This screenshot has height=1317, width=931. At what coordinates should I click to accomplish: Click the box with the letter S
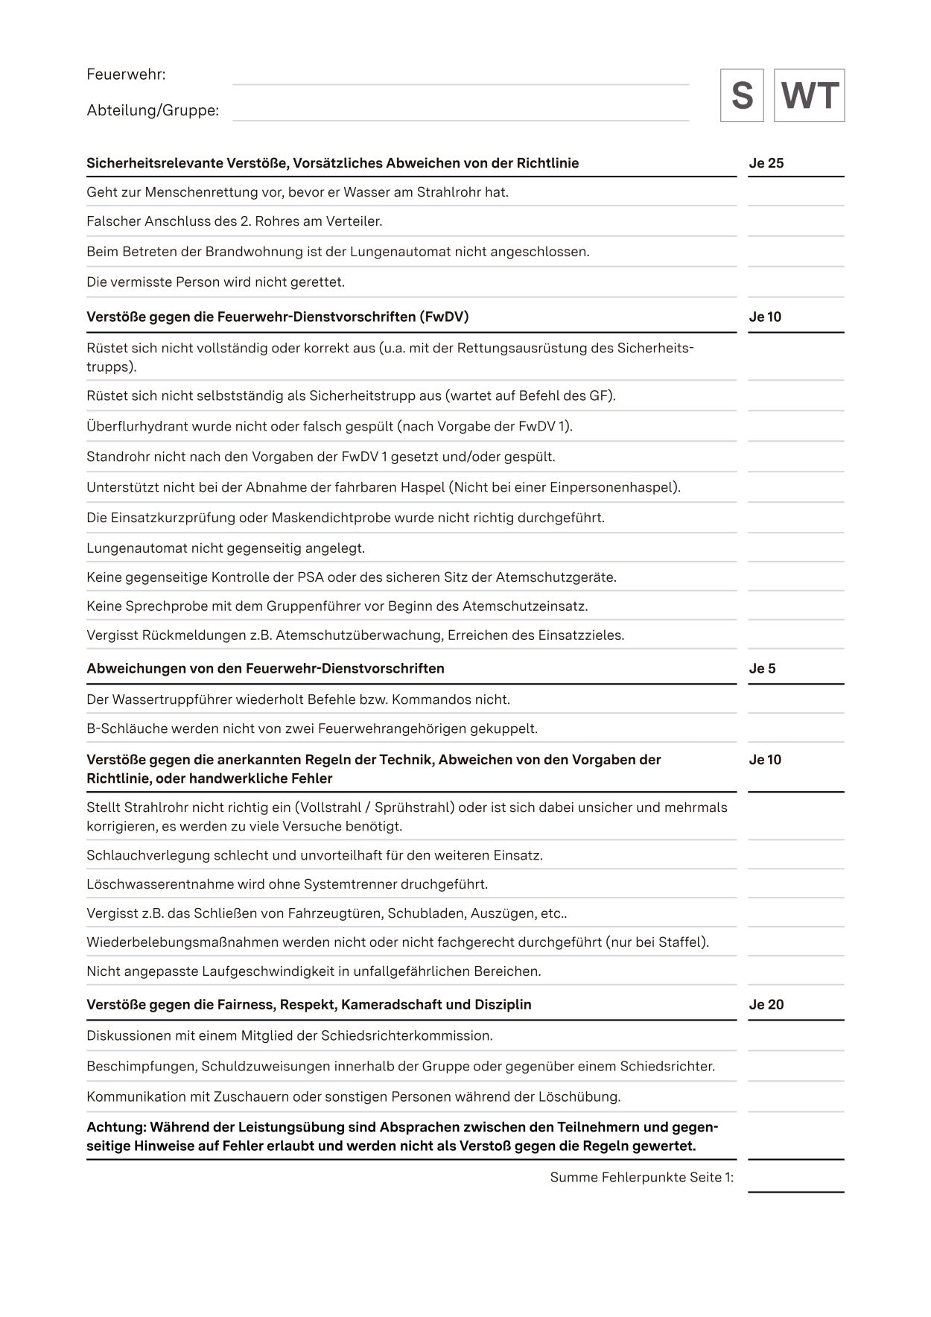click(741, 95)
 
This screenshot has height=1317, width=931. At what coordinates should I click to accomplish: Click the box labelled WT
click(809, 95)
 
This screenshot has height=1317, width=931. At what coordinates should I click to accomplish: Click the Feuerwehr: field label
click(126, 74)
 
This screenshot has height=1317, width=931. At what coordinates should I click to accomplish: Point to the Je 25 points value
click(766, 163)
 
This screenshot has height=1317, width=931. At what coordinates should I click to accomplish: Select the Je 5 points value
click(762, 668)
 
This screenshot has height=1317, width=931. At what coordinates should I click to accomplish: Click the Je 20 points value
click(766, 1004)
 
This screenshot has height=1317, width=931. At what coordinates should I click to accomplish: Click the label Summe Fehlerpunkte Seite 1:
click(641, 1177)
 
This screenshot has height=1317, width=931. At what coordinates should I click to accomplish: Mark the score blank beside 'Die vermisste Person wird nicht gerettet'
click(795, 282)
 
